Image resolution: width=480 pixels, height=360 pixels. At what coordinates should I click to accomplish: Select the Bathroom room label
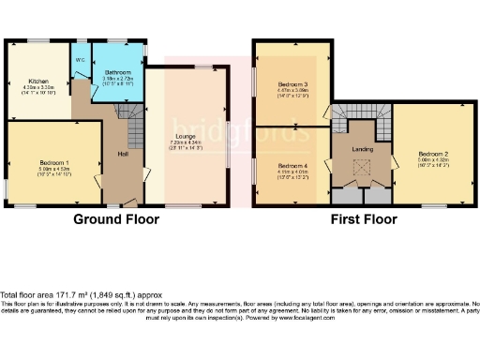coord(117,71)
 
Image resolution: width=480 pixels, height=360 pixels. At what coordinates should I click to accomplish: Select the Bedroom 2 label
coord(432,154)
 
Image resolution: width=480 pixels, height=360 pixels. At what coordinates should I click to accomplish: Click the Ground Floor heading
coord(117,219)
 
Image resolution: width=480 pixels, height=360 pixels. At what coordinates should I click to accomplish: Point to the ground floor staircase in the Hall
coord(133,122)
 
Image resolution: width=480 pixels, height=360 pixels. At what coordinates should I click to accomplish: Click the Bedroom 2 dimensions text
coord(432,161)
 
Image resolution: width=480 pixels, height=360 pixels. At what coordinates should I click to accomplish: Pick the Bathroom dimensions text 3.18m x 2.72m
coord(117,78)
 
